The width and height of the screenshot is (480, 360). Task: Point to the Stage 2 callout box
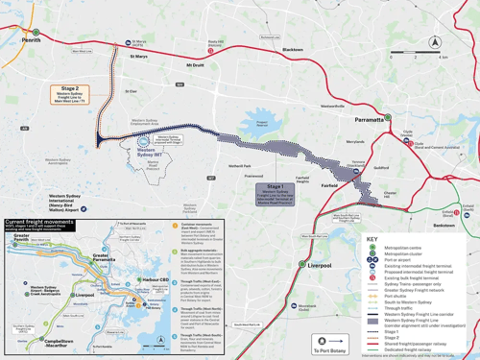point(69,93)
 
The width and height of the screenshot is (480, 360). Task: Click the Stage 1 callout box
point(276,193)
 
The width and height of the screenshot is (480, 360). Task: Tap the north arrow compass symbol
point(434,41)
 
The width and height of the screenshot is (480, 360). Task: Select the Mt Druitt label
point(195,65)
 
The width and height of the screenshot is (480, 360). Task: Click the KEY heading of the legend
point(373,239)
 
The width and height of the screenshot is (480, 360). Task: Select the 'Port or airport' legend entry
point(398,260)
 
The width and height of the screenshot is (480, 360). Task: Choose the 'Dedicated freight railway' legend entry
point(407,350)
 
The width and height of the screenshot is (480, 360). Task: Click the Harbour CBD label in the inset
point(153,280)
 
